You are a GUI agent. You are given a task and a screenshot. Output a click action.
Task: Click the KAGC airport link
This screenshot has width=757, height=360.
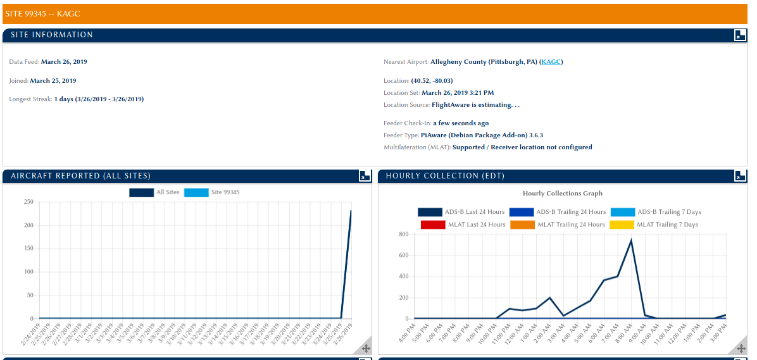pyautogui.click(x=551, y=62)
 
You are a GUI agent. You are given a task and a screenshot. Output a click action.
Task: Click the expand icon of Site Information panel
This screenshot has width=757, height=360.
pyautogui.click(x=740, y=35)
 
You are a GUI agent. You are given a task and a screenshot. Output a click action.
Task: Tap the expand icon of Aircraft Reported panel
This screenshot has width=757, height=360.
pyautogui.click(x=365, y=176)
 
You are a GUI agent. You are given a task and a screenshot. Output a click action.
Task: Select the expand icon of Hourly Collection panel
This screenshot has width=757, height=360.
pyautogui.click(x=740, y=176)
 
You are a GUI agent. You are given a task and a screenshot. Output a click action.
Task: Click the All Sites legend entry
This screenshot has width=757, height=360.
pyautogui.click(x=154, y=192)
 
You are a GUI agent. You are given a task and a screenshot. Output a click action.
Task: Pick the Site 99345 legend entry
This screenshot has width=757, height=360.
pyautogui.click(x=212, y=192)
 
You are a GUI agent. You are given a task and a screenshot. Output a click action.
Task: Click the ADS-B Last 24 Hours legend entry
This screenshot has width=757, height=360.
pyautogui.click(x=461, y=212)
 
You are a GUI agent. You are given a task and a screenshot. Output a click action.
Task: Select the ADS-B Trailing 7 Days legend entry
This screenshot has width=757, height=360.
pyautogui.click(x=656, y=212)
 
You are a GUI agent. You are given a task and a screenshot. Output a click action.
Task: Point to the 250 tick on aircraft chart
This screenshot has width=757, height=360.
pyautogui.click(x=28, y=202)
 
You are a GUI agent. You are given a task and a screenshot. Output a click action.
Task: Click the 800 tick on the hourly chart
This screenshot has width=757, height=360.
pyautogui.click(x=403, y=234)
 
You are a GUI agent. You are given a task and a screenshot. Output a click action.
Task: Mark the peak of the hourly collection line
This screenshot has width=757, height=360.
pyautogui.click(x=631, y=240)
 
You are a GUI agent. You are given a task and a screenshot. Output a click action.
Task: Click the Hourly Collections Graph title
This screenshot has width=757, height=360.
pyautogui.click(x=562, y=194)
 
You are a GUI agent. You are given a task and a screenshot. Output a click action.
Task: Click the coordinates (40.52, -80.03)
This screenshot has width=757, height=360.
pyautogui.click(x=432, y=81)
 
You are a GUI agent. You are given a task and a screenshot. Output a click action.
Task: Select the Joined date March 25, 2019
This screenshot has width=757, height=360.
pyautogui.click(x=53, y=81)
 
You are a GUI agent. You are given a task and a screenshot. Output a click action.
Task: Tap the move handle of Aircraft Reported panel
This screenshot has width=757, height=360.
pyautogui.click(x=366, y=347)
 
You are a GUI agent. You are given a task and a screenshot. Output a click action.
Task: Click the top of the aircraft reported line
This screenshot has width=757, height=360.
pyautogui.click(x=351, y=211)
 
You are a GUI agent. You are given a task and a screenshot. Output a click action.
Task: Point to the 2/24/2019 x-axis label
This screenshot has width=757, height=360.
pyautogui.click(x=30, y=333)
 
